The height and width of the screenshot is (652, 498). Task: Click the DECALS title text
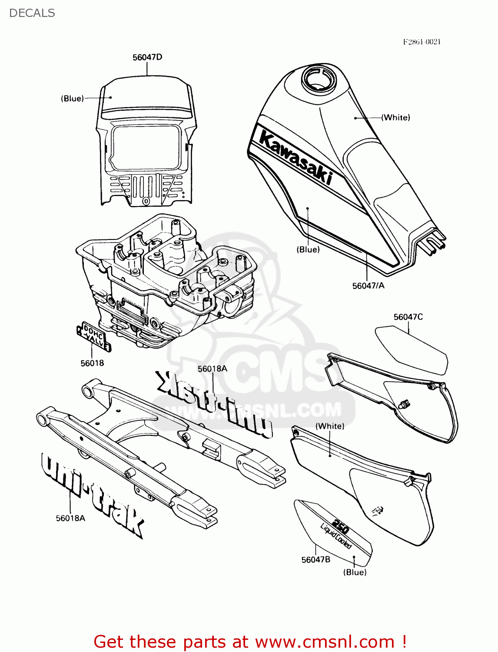[32, 13]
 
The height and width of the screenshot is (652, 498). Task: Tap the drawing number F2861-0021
[422, 42]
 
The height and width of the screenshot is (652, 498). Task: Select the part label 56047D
[147, 57]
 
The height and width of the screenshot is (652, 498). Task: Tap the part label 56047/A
[368, 286]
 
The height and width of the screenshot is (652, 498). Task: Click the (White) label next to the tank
[395, 117]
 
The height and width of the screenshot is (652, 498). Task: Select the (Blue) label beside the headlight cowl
[72, 99]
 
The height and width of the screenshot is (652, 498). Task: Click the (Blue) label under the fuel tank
[308, 249]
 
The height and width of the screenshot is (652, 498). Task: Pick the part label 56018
[92, 363]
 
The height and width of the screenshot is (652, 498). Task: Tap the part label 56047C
[408, 317]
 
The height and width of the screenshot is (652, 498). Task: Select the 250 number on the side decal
[340, 527]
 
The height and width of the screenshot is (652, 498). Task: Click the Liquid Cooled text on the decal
[336, 537]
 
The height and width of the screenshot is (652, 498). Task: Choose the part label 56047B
[315, 560]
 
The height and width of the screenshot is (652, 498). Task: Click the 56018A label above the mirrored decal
[212, 369]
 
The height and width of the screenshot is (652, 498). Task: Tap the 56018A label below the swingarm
[70, 518]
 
